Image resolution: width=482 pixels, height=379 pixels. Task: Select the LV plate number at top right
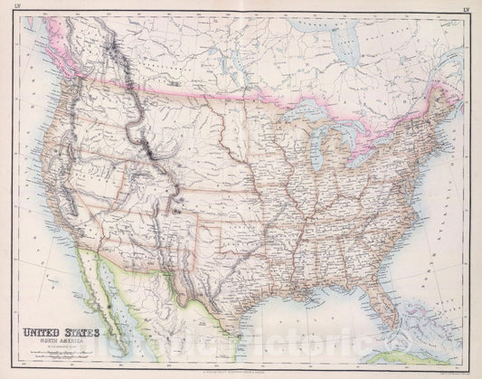click(467, 9)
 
